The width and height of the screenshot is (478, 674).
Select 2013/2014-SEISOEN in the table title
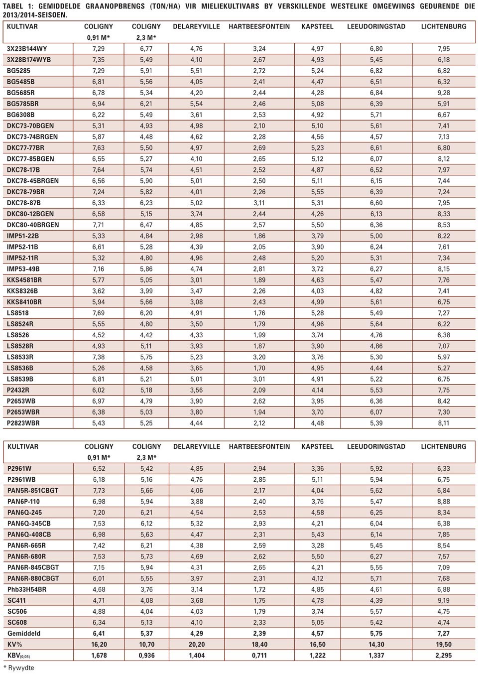click(x=35, y=15)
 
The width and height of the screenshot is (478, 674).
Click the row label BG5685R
click(x=21, y=93)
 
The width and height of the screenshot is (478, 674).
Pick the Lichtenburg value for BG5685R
click(x=443, y=93)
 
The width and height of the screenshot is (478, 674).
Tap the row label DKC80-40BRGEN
click(x=33, y=225)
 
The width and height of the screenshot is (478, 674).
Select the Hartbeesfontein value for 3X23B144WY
click(x=259, y=49)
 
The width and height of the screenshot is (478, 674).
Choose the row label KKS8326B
click(x=22, y=291)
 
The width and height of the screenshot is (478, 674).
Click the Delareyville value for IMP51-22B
click(x=196, y=236)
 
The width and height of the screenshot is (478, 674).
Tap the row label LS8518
click(x=18, y=313)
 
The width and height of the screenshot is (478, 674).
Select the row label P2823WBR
click(x=23, y=423)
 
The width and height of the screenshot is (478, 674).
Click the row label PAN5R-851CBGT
click(x=33, y=490)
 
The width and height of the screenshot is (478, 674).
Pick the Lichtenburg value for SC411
click(x=443, y=600)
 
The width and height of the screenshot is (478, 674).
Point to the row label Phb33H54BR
click(x=27, y=589)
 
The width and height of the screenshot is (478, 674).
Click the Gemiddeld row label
click(x=24, y=633)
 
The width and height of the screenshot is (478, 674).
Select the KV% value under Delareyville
click(x=196, y=644)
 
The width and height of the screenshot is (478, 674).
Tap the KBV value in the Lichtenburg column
click(x=443, y=655)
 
